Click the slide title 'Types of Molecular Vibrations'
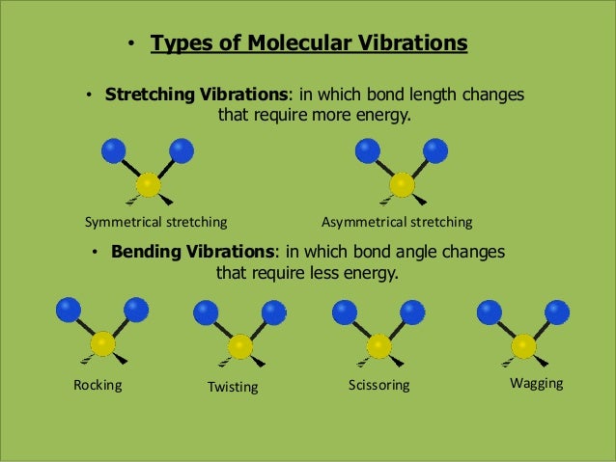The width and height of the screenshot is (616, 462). coord(309,44)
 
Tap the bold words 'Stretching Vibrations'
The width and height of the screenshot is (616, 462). coord(196,96)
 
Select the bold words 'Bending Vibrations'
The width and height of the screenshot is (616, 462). coord(193,252)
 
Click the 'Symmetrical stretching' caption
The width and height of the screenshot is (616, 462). coord(155,222)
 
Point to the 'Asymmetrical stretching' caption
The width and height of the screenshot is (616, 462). coord(397,222)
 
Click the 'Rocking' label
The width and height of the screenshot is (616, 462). coord(98,385)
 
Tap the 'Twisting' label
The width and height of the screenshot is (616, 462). coord(233,387)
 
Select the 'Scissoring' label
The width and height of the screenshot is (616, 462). coord(378,386)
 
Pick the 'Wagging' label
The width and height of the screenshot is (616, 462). coord(536,384)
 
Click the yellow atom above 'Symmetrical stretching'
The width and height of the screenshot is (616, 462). coord(148,185)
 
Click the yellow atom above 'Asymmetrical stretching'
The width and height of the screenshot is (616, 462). coord(402,185)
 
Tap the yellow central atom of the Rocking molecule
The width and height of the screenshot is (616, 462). coord(102,344)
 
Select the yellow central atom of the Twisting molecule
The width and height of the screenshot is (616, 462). coord(240,346)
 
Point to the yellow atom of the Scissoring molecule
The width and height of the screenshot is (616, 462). coord(379,345)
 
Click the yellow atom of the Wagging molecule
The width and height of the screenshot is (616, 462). coord(523,345)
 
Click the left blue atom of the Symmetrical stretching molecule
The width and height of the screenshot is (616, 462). coord(114,150)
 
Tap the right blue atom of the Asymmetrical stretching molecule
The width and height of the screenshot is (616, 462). coord(435,150)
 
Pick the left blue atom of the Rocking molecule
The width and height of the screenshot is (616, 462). coord(68,310)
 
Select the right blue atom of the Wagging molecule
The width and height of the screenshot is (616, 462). coord(557,312)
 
